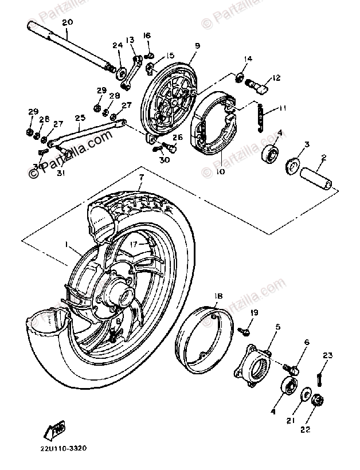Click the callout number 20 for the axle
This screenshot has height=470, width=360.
67,22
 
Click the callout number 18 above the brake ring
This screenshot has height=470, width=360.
219,296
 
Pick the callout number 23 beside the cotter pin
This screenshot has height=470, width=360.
327,356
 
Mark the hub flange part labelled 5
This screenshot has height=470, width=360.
253,366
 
